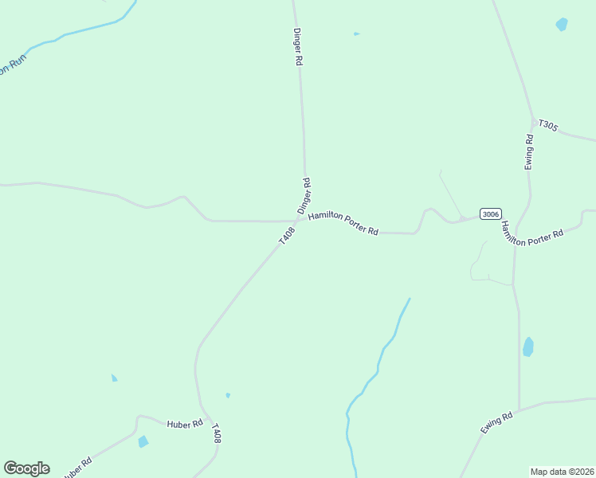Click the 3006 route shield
(491, 214)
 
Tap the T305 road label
(548, 125)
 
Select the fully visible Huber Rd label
(185, 425)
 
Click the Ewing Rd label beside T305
(529, 151)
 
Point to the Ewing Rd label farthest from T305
(495, 424)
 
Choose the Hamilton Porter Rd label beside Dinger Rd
(343, 222)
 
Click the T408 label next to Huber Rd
(215, 434)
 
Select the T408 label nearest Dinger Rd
(287, 236)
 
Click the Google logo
(26, 468)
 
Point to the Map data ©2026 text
(563, 471)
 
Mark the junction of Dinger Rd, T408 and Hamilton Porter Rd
(299, 221)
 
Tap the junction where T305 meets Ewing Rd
(532, 122)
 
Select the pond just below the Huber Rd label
(143, 441)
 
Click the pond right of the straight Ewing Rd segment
(527, 347)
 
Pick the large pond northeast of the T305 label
(562, 25)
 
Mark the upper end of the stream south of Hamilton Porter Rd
(410, 299)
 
